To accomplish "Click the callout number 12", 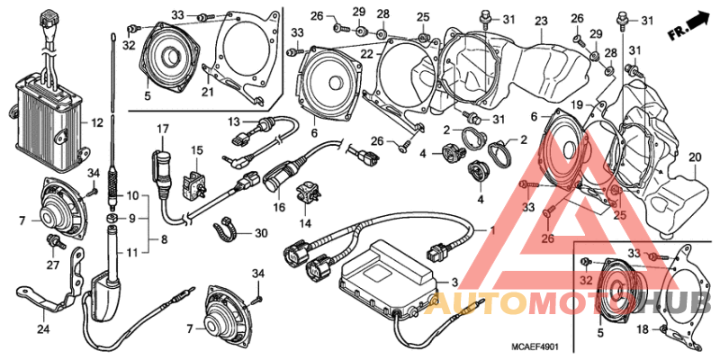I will coord(98,120).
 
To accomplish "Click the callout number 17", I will coord(163,130).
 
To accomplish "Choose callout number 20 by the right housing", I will coord(695,157).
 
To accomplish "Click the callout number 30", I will coord(261,232).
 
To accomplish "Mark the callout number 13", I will coord(231,121).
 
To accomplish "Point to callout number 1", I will coord(491,230).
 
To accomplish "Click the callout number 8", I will coord(162,239).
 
